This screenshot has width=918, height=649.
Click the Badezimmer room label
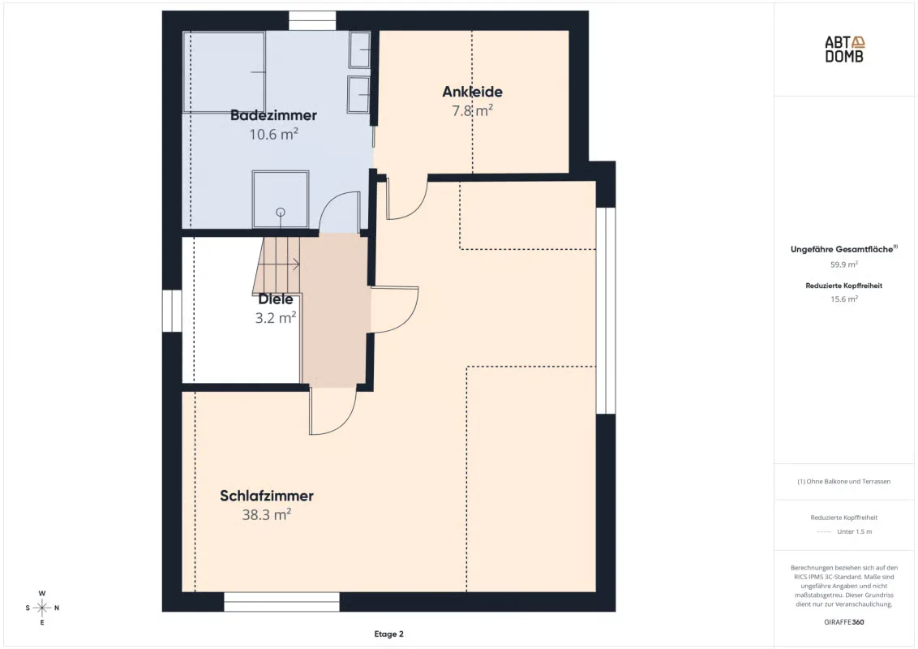click(273, 115)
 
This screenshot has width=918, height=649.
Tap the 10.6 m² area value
click(273, 134)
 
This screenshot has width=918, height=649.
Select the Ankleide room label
click(473, 92)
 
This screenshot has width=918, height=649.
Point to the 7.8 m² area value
click(473, 110)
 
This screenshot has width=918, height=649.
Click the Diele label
click(276, 299)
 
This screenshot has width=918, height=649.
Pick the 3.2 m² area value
click(276, 317)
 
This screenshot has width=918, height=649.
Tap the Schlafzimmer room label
click(267, 496)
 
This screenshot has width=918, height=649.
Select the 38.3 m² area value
click(267, 514)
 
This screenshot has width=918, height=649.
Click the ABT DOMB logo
click(844, 49)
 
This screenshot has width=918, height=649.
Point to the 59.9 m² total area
click(844, 264)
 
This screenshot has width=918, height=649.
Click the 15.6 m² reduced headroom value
click(844, 299)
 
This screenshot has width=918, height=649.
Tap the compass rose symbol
click(42, 608)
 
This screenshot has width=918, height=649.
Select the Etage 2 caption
click(388, 634)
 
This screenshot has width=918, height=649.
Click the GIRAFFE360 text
click(844, 622)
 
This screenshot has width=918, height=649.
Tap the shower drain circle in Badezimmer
click(281, 212)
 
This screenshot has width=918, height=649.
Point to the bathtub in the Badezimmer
click(225, 71)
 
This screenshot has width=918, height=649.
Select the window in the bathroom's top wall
click(312, 20)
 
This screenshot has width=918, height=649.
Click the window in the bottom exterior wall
click(281, 602)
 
